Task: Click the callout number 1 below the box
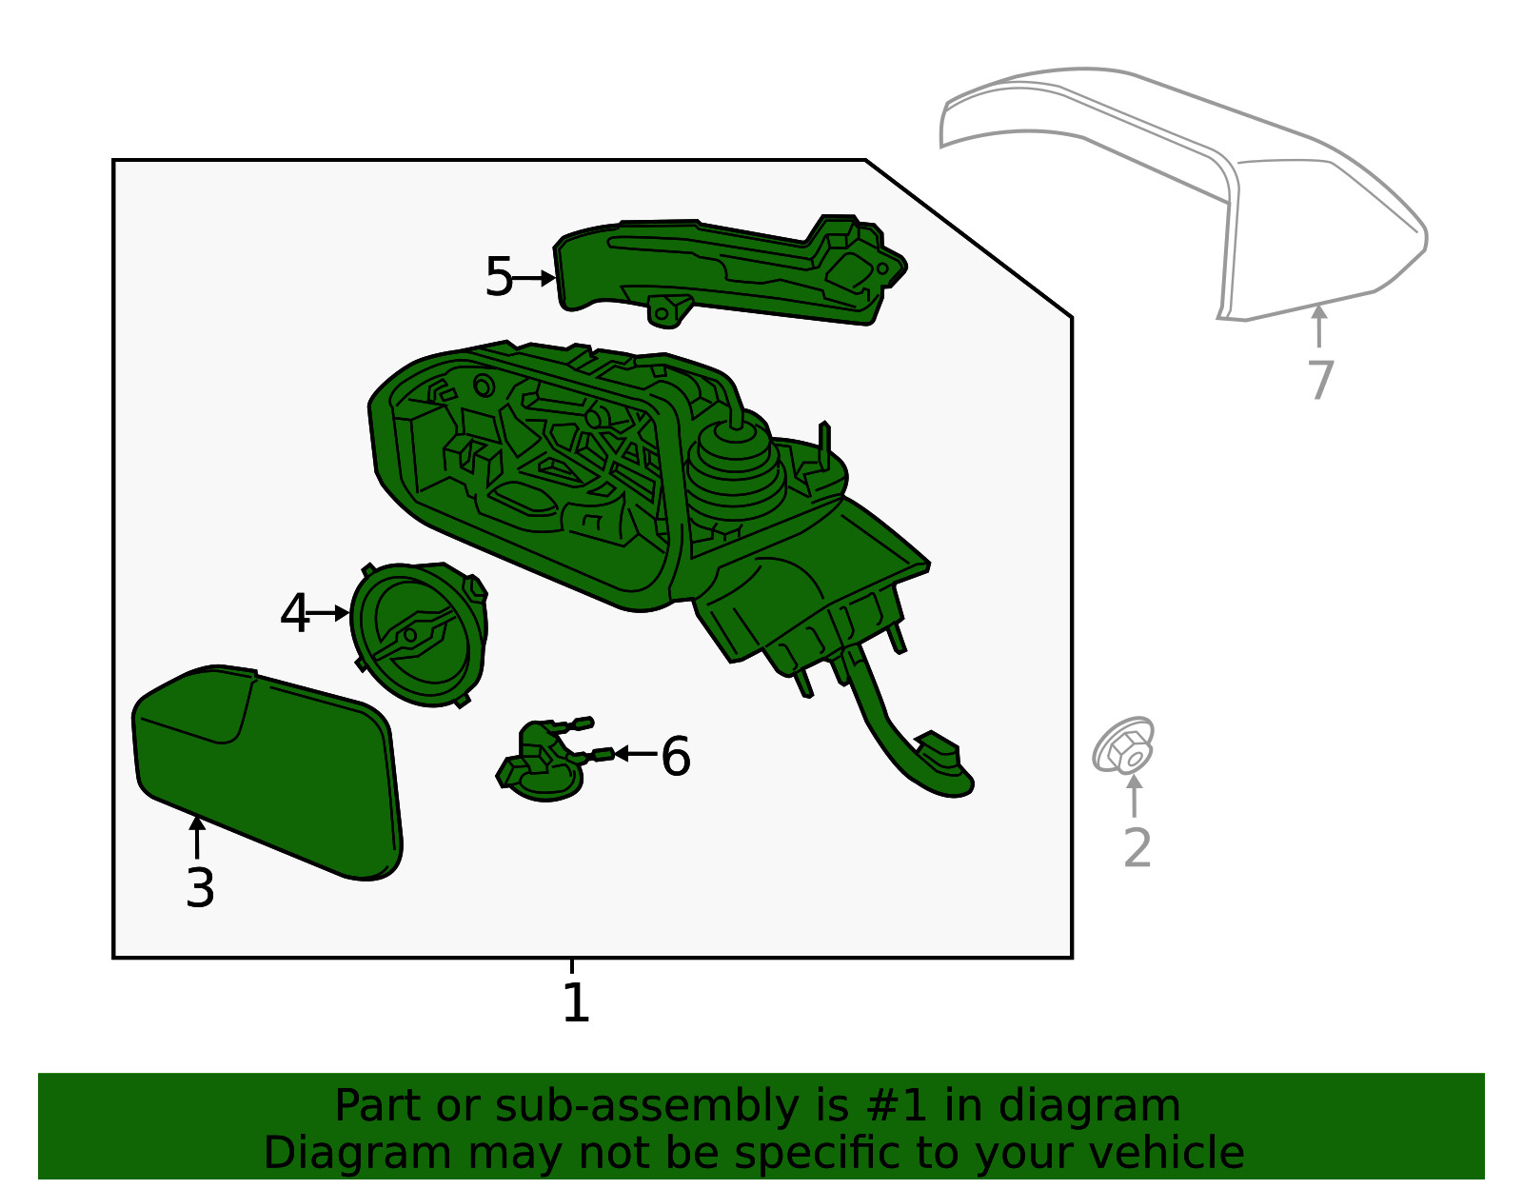tap(575, 1003)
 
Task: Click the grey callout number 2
tap(1137, 847)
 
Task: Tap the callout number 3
tap(200, 888)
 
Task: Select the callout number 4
tap(294, 614)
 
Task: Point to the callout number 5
tap(498, 277)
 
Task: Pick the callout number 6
tap(676, 757)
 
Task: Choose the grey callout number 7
tap(1320, 380)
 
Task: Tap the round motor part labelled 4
tap(419, 633)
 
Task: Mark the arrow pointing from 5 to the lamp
tap(536, 278)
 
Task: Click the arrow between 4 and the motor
tap(329, 614)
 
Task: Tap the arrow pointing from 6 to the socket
tap(634, 754)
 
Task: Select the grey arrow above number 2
tap(1134, 796)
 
